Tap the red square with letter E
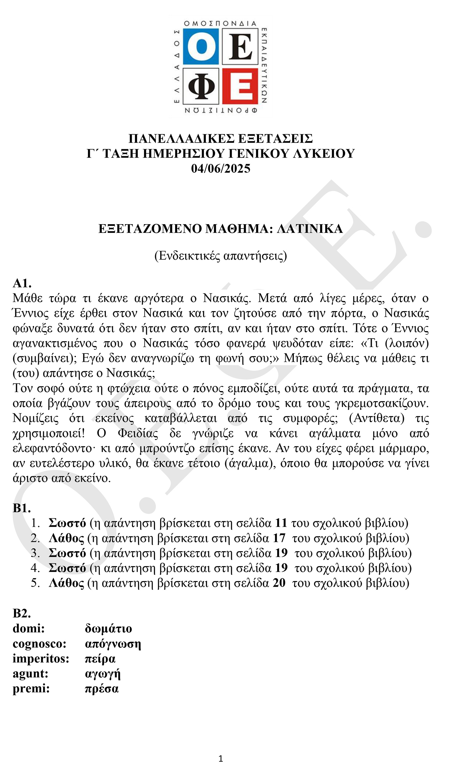point(240,86)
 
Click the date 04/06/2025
point(221,168)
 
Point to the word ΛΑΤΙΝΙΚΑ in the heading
point(310,229)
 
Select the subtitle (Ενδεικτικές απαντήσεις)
point(221,256)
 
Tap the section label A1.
point(22,283)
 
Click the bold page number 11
point(281,523)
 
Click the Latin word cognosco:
point(39,644)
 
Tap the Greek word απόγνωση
point(113,644)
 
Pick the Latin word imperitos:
point(41,659)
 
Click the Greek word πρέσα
point(102,689)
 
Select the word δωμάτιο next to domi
point(108,628)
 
